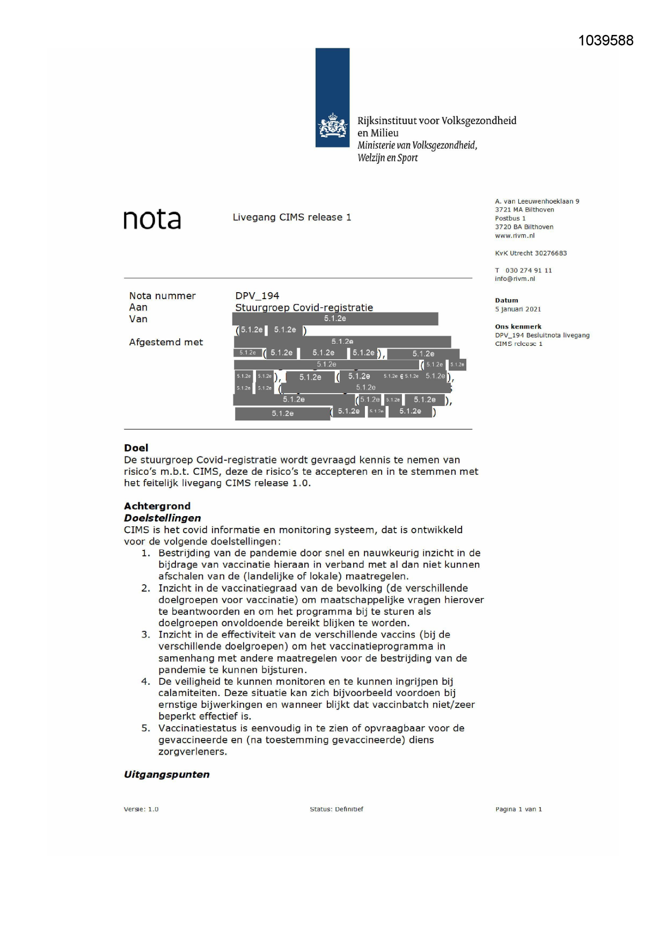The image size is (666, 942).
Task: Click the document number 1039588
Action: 605,41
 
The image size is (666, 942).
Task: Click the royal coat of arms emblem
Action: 333,127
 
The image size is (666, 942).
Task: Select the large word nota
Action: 152,220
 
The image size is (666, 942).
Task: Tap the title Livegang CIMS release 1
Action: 291,218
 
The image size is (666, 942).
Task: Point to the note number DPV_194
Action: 257,296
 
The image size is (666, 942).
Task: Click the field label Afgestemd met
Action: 166,342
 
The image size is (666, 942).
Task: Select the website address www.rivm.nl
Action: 515,236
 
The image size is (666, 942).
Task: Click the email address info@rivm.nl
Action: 515,279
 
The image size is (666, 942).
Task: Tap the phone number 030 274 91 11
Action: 528,271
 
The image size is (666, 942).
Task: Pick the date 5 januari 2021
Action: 518,309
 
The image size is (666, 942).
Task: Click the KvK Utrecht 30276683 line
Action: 531,253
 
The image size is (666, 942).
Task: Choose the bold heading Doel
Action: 136,448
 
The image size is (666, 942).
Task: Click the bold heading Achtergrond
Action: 157,506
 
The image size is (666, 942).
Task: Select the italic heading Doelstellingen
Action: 163,518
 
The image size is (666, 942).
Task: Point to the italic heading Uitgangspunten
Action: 167,774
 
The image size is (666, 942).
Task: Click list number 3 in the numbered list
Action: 145,635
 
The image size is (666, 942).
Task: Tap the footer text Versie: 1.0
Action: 141,809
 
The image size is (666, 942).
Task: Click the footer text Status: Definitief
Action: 336,809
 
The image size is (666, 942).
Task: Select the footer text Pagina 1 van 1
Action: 518,809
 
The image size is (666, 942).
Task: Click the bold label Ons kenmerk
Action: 518,327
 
